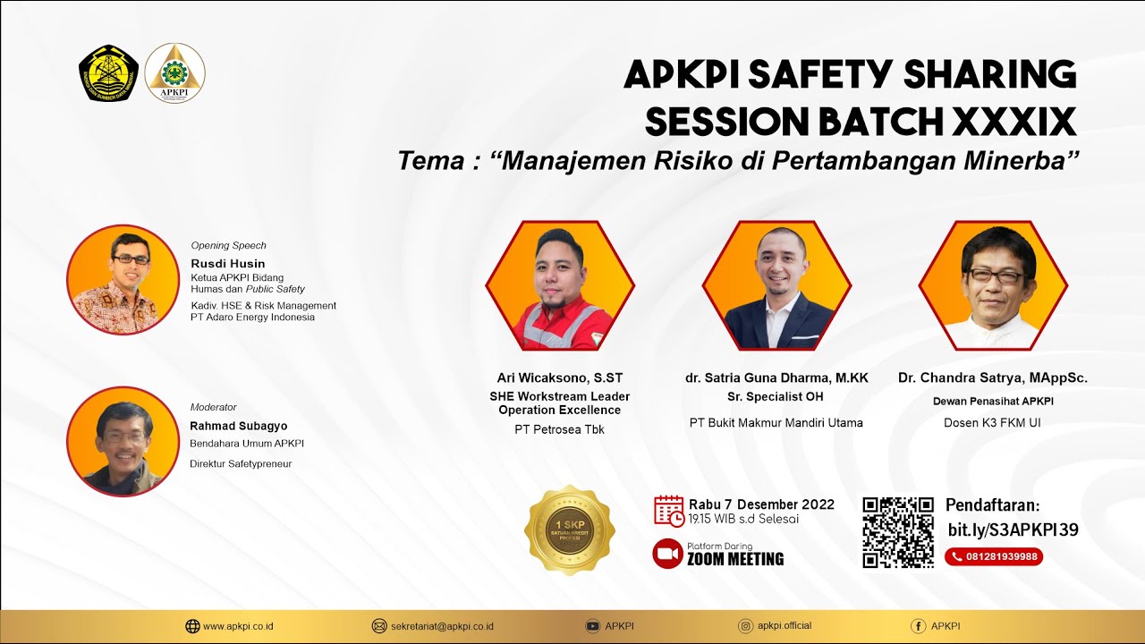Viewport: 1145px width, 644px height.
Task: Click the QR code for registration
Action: tap(897, 532)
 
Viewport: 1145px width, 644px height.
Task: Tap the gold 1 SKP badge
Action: tap(570, 531)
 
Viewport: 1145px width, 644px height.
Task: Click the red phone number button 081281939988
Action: tap(994, 556)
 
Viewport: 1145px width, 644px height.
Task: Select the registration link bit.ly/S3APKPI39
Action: tap(1013, 530)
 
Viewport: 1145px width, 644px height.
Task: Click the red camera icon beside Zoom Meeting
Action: tap(667, 554)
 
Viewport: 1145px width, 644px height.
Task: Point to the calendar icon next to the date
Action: tap(669, 511)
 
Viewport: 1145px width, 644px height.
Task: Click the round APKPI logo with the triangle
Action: tap(174, 72)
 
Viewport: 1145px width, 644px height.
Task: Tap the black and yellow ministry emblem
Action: tap(108, 72)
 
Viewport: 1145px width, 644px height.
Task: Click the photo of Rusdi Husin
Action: tap(123, 280)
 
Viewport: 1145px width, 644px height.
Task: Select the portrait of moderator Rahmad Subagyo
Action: tap(123, 442)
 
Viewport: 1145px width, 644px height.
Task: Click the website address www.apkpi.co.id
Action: tap(238, 626)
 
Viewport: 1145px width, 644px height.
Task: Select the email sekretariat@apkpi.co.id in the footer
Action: tap(442, 626)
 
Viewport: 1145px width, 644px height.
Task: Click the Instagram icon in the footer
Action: tap(746, 626)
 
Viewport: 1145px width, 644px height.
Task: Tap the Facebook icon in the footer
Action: tap(918, 626)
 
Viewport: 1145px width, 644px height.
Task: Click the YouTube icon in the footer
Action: tap(592, 626)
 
